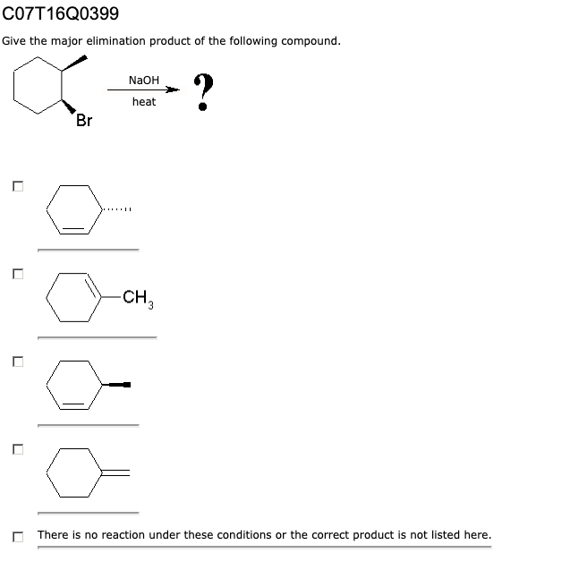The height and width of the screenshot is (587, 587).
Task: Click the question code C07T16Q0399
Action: point(60,14)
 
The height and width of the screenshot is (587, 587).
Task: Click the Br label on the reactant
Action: point(84,122)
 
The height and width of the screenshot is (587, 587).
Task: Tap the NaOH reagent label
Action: point(143,80)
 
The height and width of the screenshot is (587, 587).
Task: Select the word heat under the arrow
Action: point(143,102)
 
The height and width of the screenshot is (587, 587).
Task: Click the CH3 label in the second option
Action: point(137,298)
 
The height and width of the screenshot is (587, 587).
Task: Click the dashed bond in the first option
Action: point(117,210)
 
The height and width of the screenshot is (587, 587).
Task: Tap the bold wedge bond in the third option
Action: point(117,385)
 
